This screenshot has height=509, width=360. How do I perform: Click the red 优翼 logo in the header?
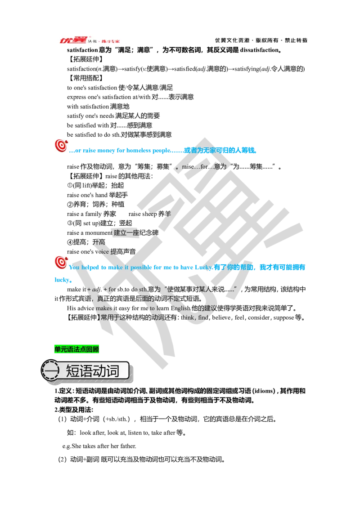pos(73,40)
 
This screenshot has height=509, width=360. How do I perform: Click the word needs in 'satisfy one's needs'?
pos(107,116)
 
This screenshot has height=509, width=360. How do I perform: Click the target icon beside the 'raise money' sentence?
pos(61,146)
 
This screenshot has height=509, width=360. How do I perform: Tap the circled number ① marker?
pos(70,185)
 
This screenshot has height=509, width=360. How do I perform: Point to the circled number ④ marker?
pos(70,242)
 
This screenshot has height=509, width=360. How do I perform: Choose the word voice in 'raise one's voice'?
pos(102,252)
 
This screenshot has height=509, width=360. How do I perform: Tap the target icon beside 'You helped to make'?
pos(61,263)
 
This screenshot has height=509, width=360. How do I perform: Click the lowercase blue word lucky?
pos(62,280)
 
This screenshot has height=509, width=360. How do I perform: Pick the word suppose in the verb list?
pos(283,318)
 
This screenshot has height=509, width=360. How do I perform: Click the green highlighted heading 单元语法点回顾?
pos(76,349)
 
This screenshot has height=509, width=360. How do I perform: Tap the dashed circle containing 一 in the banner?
pos(50,371)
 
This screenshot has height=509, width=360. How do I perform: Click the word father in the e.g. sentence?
pos(128,446)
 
